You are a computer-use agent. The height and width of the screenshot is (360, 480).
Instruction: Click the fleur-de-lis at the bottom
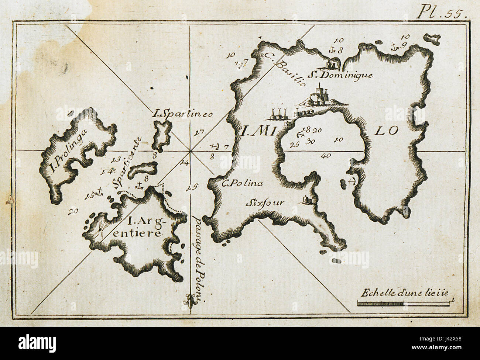click(190, 301)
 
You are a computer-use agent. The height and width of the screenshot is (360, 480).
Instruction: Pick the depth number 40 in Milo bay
click(326, 156)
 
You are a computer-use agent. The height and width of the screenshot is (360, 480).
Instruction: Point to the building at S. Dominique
click(331, 64)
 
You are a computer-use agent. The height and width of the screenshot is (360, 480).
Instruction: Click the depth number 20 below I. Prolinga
click(73, 211)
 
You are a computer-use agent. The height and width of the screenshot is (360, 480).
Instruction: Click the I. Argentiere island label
click(145, 227)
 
